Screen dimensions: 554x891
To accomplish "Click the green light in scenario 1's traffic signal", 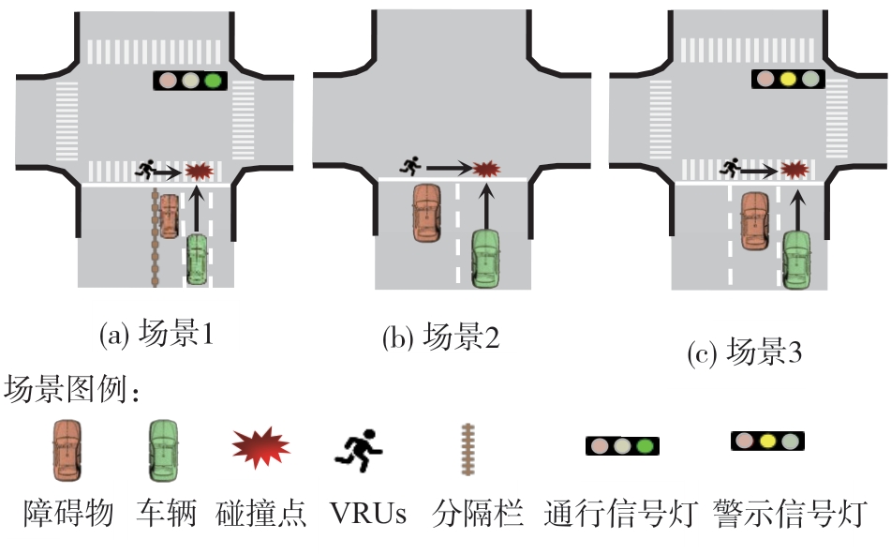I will [x=215, y=82].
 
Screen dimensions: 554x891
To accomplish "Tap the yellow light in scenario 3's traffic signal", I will [x=788, y=80].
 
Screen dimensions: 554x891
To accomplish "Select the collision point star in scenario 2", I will [x=483, y=169].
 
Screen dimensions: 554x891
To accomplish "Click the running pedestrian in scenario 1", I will [x=144, y=170].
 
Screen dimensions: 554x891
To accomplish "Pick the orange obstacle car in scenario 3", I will [x=755, y=220].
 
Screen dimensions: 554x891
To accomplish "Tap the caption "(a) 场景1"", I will [x=156, y=333].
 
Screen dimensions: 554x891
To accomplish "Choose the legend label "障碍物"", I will [x=68, y=514].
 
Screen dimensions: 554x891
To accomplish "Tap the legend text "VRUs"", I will [x=368, y=514].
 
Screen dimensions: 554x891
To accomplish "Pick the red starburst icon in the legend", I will [x=261, y=447].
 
